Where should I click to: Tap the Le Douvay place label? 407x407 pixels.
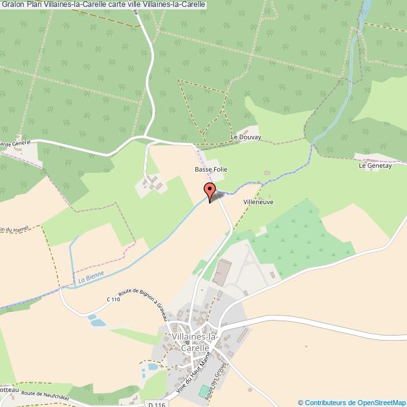click(245, 137)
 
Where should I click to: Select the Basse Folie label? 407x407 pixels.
click(211, 169)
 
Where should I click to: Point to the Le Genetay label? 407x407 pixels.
click(375, 166)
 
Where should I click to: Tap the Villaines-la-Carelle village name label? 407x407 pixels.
click(195, 342)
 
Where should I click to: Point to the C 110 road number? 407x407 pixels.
click(113, 299)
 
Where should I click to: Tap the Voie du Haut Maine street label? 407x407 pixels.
click(192, 373)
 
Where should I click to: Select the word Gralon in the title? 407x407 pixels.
click(13, 4)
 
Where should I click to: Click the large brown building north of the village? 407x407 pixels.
click(222, 274)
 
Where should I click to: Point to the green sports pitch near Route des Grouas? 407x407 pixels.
click(205, 391)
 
